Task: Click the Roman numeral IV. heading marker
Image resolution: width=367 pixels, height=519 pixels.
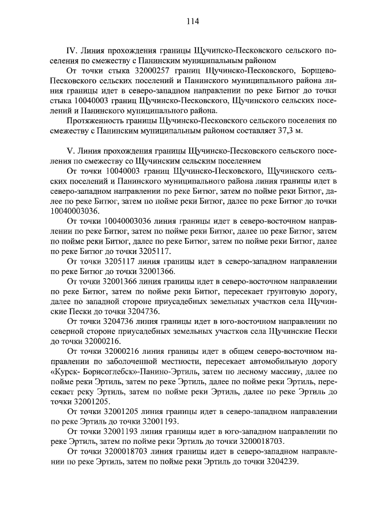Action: point(73,50)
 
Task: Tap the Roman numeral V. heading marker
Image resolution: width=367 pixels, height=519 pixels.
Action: point(71,151)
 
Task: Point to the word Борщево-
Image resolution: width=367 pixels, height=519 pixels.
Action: point(319,70)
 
